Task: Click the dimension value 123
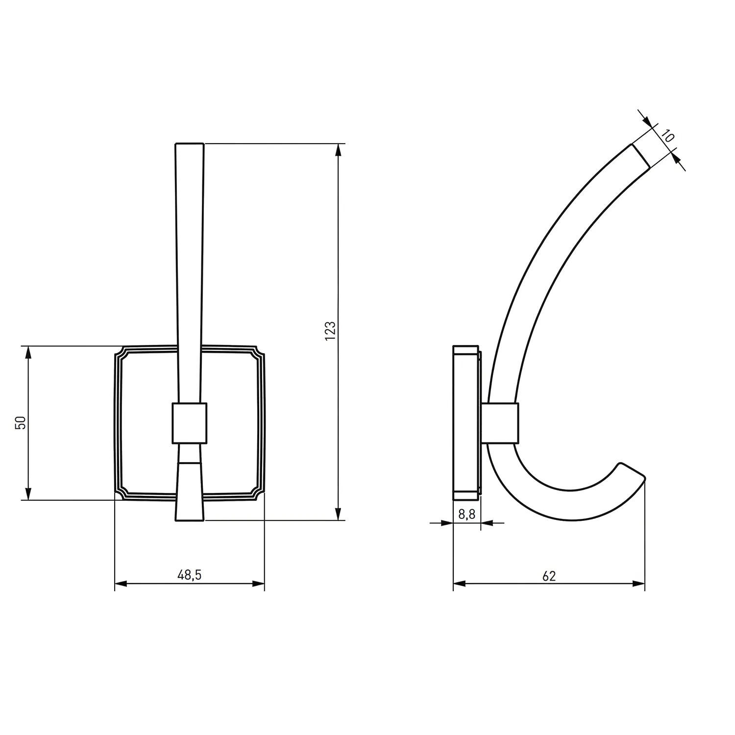pyautogui.click(x=331, y=331)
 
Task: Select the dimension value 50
pyautogui.click(x=21, y=422)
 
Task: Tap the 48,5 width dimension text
pyautogui.click(x=190, y=575)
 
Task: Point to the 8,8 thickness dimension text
pyautogui.click(x=466, y=514)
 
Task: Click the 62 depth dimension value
pyautogui.click(x=549, y=576)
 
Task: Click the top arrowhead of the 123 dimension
pyautogui.click(x=338, y=150)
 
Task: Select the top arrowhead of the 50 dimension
pyautogui.click(x=28, y=352)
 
